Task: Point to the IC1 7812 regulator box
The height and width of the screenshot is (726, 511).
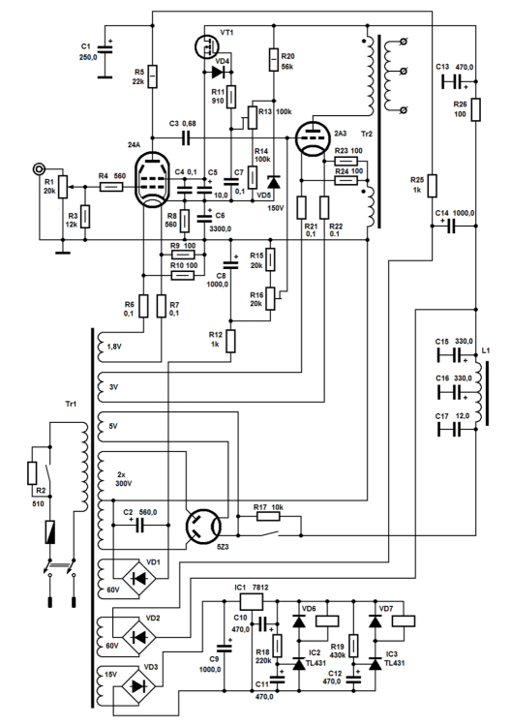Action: click(251, 600)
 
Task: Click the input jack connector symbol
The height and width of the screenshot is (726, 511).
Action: click(40, 168)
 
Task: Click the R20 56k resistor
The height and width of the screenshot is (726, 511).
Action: click(275, 59)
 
